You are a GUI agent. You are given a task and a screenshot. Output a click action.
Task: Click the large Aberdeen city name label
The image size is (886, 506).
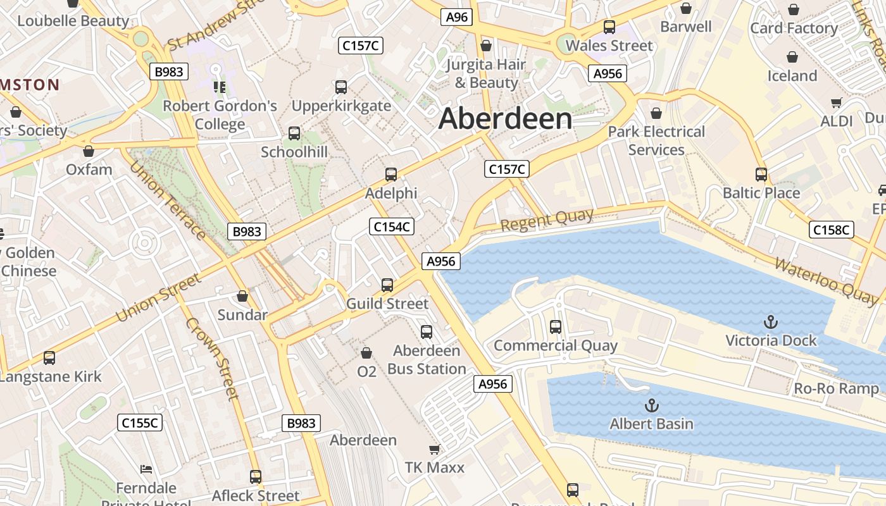point(505,119)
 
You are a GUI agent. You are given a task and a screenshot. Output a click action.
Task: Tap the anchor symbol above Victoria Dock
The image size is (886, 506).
point(770,322)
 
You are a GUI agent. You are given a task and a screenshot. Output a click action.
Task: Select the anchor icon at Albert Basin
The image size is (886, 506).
point(651,405)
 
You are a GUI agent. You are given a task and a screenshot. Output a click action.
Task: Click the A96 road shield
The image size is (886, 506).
point(456,17)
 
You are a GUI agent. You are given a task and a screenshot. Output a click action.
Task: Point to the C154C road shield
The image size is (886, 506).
point(392,226)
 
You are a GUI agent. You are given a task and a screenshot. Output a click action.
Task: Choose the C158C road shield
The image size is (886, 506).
point(831,230)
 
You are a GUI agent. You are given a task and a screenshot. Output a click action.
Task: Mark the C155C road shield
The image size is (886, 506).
point(140,423)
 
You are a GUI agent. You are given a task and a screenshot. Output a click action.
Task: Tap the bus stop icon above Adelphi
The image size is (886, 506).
point(391,174)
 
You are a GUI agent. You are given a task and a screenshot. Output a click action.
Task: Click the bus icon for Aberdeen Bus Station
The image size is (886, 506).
point(427,331)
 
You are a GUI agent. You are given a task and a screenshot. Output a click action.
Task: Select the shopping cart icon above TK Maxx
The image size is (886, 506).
point(434,449)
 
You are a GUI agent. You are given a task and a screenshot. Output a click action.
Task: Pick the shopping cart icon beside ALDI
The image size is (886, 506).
point(836,102)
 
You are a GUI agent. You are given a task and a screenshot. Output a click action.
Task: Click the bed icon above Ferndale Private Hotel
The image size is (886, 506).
point(146,469)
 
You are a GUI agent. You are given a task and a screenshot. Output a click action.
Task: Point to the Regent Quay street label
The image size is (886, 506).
point(547,219)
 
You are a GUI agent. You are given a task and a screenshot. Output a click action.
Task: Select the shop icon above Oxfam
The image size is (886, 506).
point(89,151)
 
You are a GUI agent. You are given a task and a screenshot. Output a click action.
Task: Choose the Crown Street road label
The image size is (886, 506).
point(213,358)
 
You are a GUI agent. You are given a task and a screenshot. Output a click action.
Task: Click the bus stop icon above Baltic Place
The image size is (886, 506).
point(761,174)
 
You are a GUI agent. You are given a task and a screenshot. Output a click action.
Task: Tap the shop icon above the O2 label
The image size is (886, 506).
point(366,352)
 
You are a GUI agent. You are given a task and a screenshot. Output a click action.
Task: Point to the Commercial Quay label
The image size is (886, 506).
point(555,345)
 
